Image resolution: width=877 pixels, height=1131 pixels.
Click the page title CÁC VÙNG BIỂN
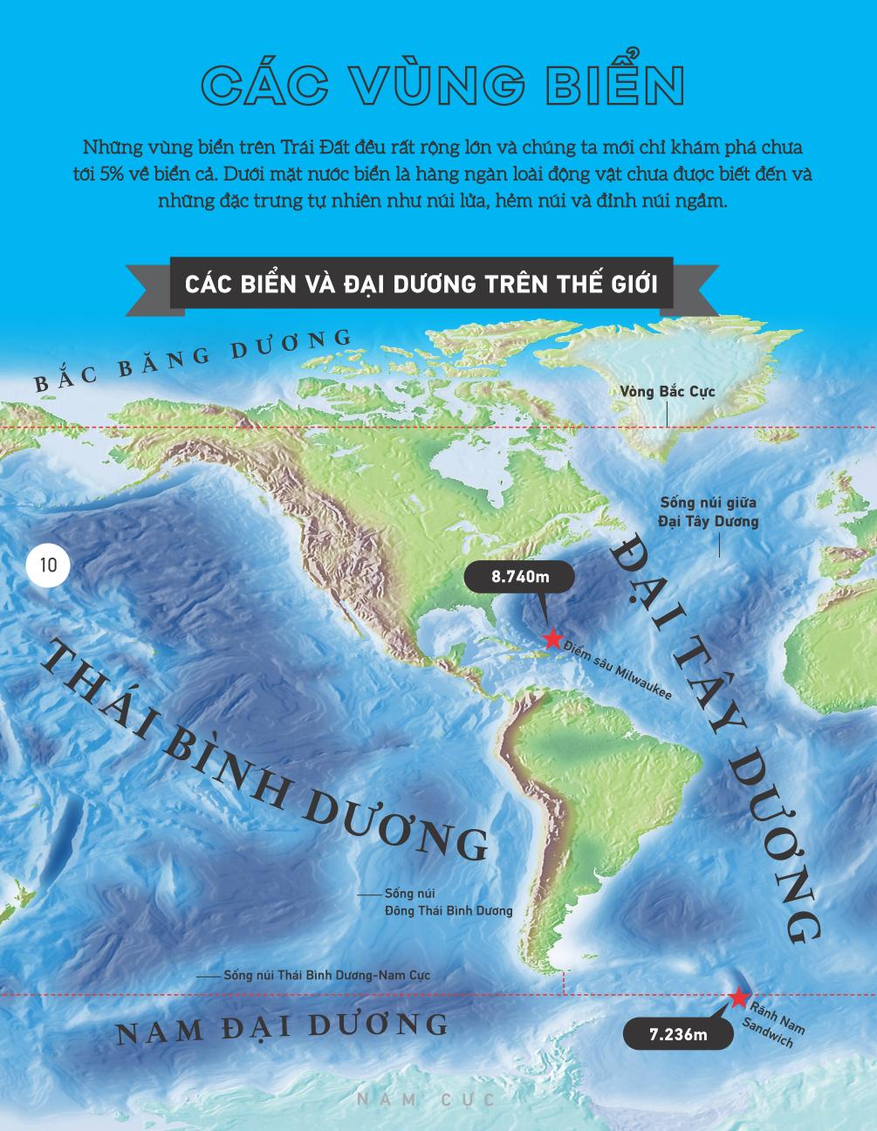pyautogui.click(x=441, y=86)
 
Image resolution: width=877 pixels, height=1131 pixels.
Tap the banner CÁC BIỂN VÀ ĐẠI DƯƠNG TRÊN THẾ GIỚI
pyautogui.click(x=421, y=284)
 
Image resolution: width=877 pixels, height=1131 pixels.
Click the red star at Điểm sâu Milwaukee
pyautogui.click(x=552, y=638)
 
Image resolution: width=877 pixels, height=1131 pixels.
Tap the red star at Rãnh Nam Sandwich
pyautogui.click(x=738, y=997)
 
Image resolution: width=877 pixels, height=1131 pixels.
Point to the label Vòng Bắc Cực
pyautogui.click(x=668, y=392)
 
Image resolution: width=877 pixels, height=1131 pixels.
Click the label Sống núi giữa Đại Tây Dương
pyautogui.click(x=708, y=512)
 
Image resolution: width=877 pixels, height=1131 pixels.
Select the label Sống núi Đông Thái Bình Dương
pyautogui.click(x=448, y=902)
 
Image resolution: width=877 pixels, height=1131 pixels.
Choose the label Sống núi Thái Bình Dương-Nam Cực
pyautogui.click(x=326, y=976)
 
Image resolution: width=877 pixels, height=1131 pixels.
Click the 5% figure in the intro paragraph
pyautogui.click(x=112, y=174)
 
